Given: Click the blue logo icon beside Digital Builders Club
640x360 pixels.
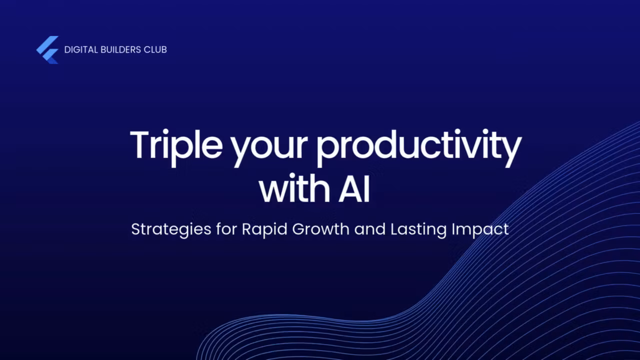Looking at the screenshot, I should pyautogui.click(x=47, y=49).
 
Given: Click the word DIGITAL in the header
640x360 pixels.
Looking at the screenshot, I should pyautogui.click(x=79, y=49).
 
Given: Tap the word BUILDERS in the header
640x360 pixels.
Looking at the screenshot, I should pyautogui.click(x=119, y=49).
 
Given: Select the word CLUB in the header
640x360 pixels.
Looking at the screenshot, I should pyautogui.click(x=156, y=49).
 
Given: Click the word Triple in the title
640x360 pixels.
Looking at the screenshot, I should pyautogui.click(x=175, y=145).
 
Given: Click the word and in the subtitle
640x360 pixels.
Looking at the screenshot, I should pyautogui.click(x=370, y=229).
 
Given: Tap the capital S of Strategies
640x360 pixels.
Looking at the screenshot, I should pyautogui.click(x=135, y=229).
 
